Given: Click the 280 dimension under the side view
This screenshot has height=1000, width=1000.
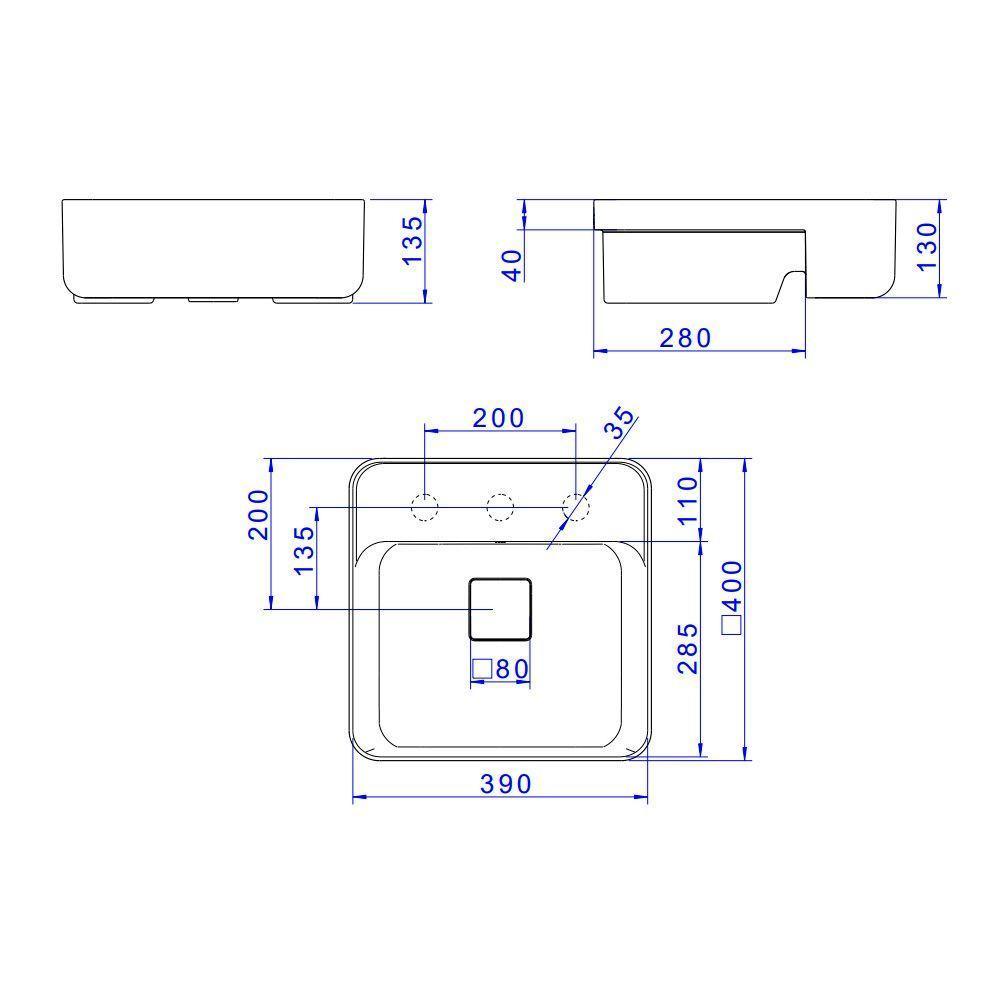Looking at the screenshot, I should (685, 338).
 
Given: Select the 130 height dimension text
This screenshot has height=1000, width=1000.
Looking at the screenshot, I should (926, 246).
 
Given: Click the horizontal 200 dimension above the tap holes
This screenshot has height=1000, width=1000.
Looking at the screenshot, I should (499, 418).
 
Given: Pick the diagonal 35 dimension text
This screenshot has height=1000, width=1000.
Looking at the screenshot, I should (620, 423).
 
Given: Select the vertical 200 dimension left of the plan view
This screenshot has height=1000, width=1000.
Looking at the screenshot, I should (259, 514).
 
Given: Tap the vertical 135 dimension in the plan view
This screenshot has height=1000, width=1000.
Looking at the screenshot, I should (304, 549).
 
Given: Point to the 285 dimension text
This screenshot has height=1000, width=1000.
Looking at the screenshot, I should (686, 647).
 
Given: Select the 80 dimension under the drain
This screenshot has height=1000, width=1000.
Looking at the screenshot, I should (511, 669).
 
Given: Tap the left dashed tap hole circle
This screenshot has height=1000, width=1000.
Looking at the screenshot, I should (425, 508).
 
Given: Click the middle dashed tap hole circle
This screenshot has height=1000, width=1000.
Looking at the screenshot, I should (500, 508).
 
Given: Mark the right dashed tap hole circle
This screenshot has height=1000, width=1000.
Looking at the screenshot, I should (576, 508).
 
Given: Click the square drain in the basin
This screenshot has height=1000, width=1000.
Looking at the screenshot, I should (501, 608).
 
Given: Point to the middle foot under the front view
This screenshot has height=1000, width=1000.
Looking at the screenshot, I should (211, 299).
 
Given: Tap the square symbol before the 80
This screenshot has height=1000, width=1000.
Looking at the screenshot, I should (482, 669).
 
